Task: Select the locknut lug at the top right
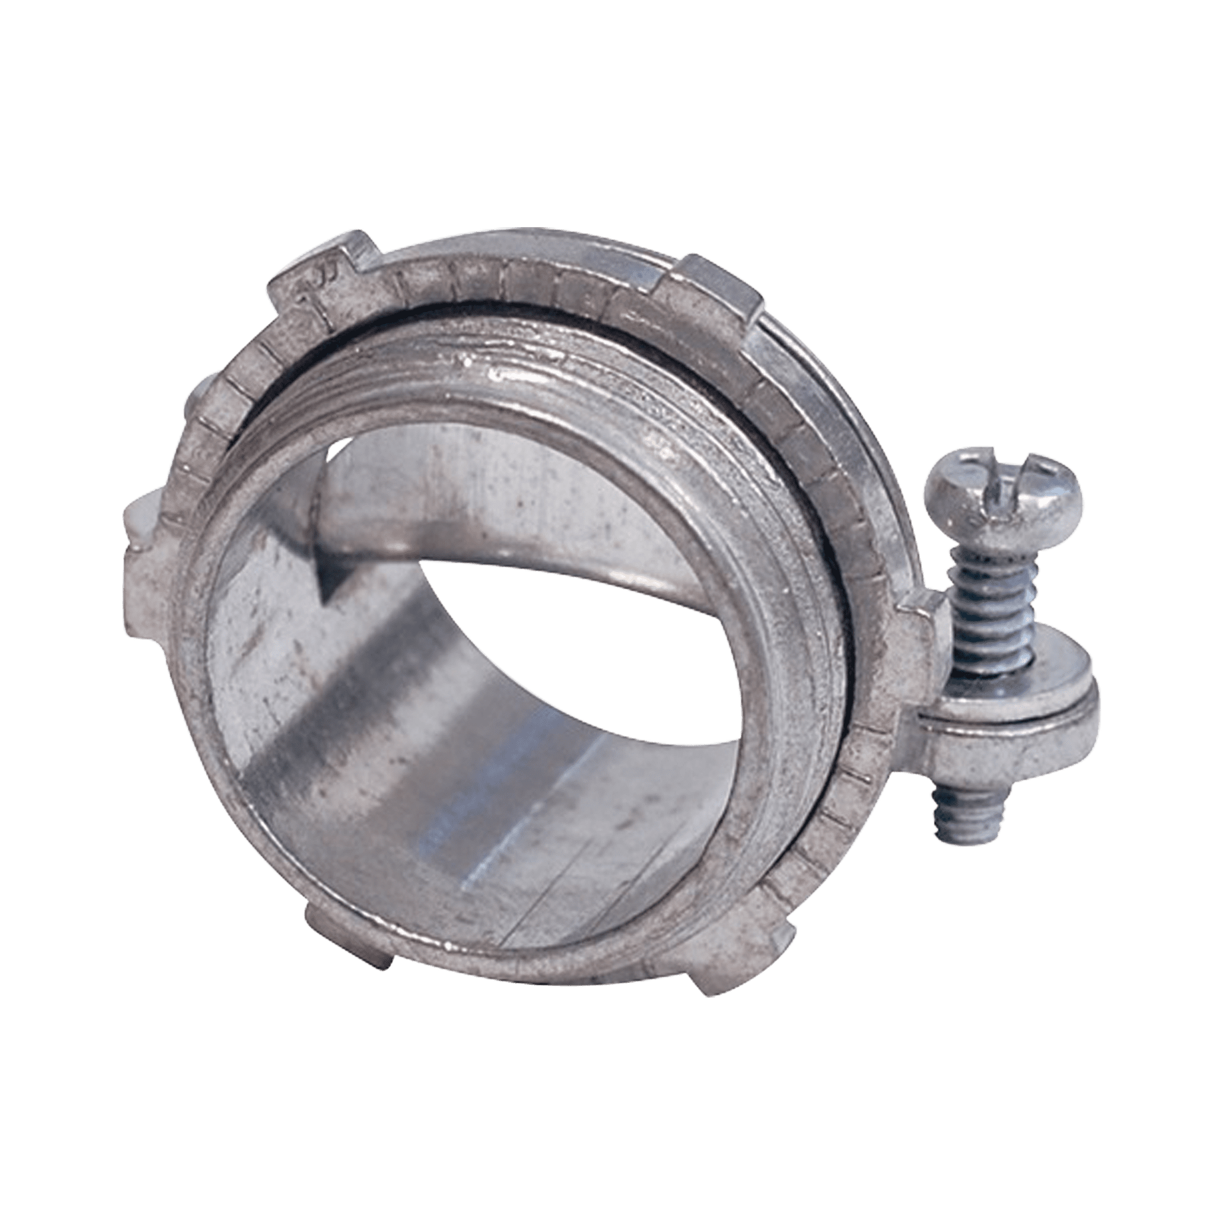[x=709, y=285]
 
